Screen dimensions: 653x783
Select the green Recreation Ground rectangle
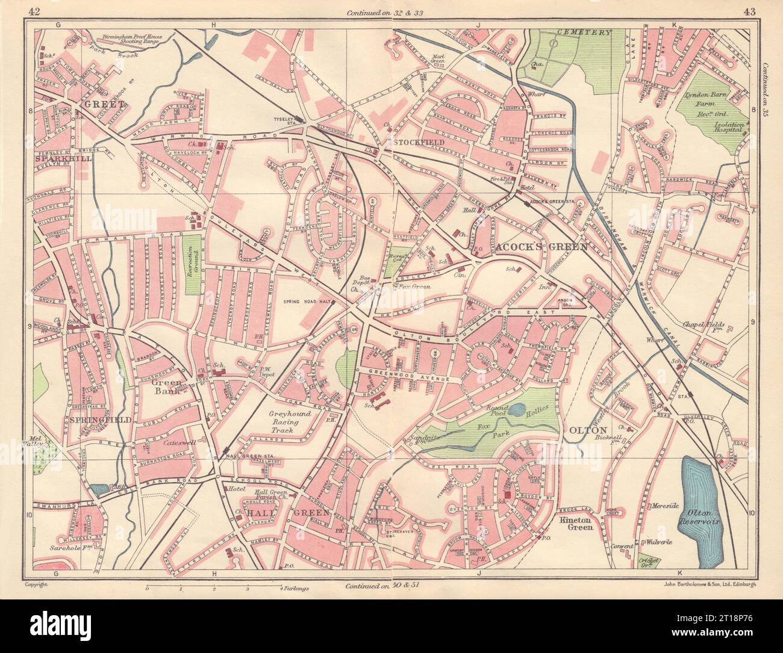[192, 264]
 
